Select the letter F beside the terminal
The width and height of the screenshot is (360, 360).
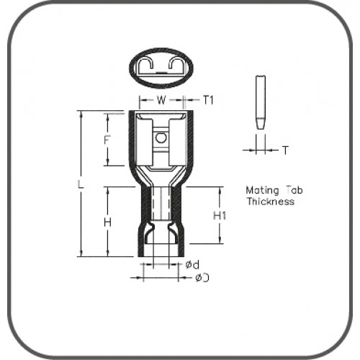click(x=107, y=140)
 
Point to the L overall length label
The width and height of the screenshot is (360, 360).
click(x=81, y=185)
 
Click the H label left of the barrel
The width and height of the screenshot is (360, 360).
click(x=107, y=222)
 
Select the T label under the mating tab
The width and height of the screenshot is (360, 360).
click(x=284, y=150)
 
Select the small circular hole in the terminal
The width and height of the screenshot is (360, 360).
click(x=161, y=137)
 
